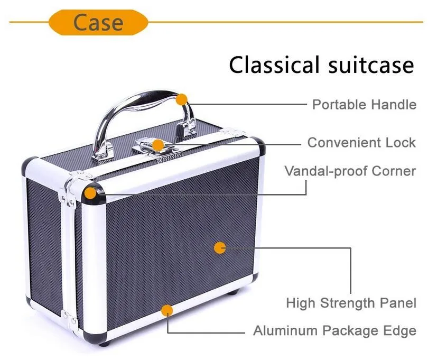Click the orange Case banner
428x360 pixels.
pos(98,22)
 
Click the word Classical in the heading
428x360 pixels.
pos(274,65)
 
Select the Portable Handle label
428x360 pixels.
pos(364,104)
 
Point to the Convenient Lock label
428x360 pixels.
pos(361,143)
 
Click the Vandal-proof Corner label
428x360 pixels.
pos(350,171)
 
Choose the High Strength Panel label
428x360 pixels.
pos(351,303)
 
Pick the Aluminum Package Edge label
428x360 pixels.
pos(334,331)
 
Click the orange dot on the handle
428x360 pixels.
pos(182,99)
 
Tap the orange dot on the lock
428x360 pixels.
pos(157,144)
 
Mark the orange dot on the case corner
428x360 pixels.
pos(92,193)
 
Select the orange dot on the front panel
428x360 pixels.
pos(219,247)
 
